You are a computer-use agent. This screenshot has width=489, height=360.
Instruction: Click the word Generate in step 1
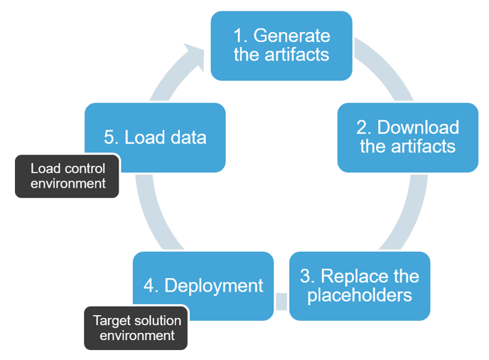(291, 36)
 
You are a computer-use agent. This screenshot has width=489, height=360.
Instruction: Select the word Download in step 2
(418, 127)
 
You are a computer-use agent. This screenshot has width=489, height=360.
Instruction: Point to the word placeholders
(360, 295)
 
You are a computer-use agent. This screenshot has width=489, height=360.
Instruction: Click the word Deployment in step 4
(214, 286)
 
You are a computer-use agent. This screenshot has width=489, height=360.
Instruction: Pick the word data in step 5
(188, 137)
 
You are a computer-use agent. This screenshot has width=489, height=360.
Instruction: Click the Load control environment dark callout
(67, 176)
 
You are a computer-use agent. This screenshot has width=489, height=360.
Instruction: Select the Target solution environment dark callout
(136, 328)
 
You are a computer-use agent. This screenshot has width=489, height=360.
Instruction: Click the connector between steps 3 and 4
(281, 302)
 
